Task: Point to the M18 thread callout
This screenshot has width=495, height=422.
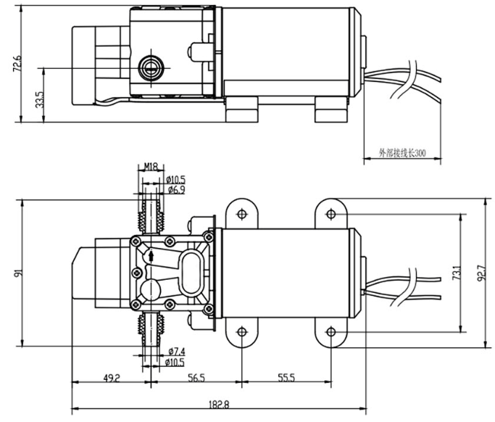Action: click(151, 167)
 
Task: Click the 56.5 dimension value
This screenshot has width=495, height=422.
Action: click(196, 377)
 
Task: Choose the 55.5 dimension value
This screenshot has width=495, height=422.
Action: click(286, 377)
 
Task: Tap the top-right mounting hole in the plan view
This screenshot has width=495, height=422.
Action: click(331, 214)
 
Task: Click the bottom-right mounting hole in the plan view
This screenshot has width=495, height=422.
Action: click(331, 332)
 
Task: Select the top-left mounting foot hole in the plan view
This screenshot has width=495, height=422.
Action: click(241, 214)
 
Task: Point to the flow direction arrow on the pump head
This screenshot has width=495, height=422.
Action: click(151, 255)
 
